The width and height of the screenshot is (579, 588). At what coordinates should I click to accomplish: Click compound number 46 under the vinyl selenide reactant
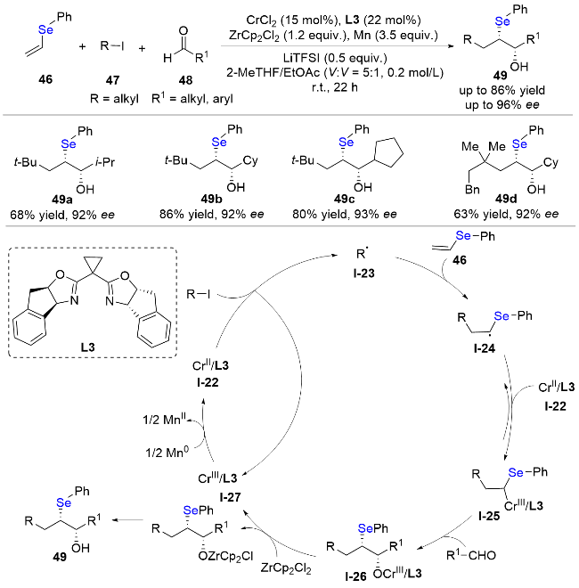click(x=45, y=79)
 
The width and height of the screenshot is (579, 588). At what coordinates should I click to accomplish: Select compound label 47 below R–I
click(x=112, y=80)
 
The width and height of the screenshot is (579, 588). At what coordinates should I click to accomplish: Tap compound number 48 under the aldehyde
click(x=185, y=80)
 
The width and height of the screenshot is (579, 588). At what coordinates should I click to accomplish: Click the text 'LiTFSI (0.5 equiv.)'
click(x=335, y=58)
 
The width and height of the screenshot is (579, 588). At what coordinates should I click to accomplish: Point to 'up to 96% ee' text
click(x=502, y=104)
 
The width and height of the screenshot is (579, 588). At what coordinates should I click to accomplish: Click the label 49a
click(x=62, y=200)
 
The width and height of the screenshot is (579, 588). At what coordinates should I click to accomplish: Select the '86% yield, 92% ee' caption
click(x=211, y=214)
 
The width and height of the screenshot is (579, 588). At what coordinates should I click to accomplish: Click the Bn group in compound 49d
click(x=472, y=190)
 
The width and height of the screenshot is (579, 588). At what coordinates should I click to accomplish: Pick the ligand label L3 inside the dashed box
click(x=88, y=347)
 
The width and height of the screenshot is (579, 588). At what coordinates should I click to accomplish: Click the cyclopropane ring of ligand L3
click(x=93, y=264)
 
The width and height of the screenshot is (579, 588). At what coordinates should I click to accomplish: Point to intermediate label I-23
click(x=363, y=274)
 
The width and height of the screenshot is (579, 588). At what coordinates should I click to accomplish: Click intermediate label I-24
click(x=485, y=348)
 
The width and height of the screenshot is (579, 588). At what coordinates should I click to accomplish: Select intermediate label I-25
click(x=489, y=516)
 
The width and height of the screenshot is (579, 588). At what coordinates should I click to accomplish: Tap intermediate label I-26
click(x=356, y=576)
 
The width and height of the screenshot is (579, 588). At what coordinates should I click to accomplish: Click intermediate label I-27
click(x=230, y=497)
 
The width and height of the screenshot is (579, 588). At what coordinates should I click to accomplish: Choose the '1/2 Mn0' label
click(x=167, y=453)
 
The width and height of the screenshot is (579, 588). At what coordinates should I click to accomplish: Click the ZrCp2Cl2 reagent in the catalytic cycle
click(x=286, y=568)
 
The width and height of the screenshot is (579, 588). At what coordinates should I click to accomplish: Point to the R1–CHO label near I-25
click(x=471, y=555)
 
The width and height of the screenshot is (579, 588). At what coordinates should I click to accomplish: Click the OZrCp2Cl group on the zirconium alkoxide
click(x=225, y=556)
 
